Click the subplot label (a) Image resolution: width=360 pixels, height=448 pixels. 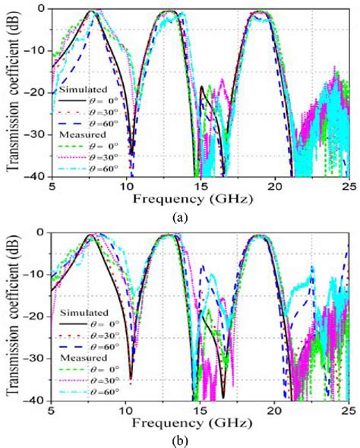(x=180, y=216)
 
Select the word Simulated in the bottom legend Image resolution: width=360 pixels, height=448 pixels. (x=81, y=312)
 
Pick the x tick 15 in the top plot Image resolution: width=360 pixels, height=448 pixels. (x=200, y=187)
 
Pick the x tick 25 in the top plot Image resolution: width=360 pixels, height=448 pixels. (x=346, y=187)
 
